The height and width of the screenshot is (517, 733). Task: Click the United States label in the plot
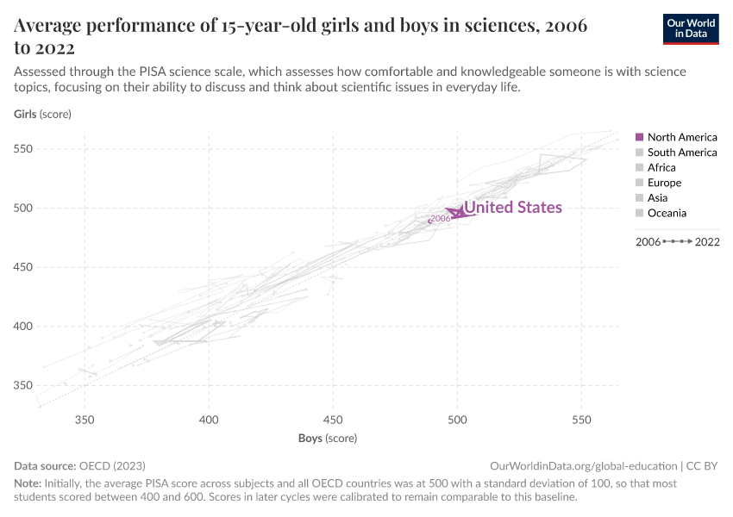coord(513,208)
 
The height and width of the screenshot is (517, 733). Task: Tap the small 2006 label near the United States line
coord(440,219)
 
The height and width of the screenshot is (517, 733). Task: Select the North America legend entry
coord(681,137)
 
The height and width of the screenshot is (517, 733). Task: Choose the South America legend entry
coord(681,153)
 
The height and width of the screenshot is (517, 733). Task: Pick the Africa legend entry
coord(661,168)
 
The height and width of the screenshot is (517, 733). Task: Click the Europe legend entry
coord(664,183)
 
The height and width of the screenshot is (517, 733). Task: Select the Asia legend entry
coord(659,198)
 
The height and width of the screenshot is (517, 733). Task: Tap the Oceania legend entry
coord(667,213)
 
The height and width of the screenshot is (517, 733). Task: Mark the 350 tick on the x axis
coord(85,420)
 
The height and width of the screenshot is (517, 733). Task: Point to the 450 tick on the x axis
coord(333,420)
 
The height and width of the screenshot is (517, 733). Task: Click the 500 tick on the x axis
coord(457,420)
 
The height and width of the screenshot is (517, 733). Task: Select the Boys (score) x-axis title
coord(328,439)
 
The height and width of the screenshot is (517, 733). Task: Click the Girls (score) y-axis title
coord(42,114)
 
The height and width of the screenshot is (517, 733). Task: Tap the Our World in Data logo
coord(690,28)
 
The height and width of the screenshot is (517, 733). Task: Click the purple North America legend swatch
coord(639,137)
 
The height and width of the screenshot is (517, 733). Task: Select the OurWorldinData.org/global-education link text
coord(583,464)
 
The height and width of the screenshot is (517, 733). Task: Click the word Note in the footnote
coord(28,484)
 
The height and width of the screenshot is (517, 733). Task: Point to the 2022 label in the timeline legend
coord(706,242)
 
